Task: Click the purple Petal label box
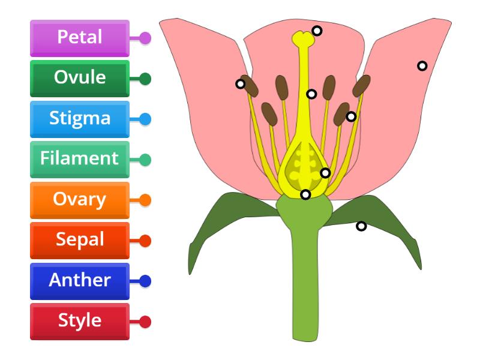click(x=79, y=38)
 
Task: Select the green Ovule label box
click(x=79, y=78)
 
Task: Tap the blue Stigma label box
click(x=79, y=119)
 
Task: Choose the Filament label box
click(x=79, y=159)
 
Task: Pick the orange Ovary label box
click(x=79, y=200)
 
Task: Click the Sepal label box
click(x=79, y=240)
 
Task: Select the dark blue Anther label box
click(x=79, y=280)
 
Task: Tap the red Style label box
click(x=79, y=321)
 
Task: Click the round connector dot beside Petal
click(x=145, y=38)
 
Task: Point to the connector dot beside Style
click(x=145, y=322)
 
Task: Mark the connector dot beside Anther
click(x=145, y=281)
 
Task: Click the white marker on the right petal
click(x=422, y=66)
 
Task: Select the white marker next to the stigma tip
click(x=317, y=31)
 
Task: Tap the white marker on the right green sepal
click(x=361, y=226)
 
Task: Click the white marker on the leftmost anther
click(x=240, y=84)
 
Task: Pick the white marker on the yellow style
click(x=311, y=94)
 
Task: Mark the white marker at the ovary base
click(x=305, y=194)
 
